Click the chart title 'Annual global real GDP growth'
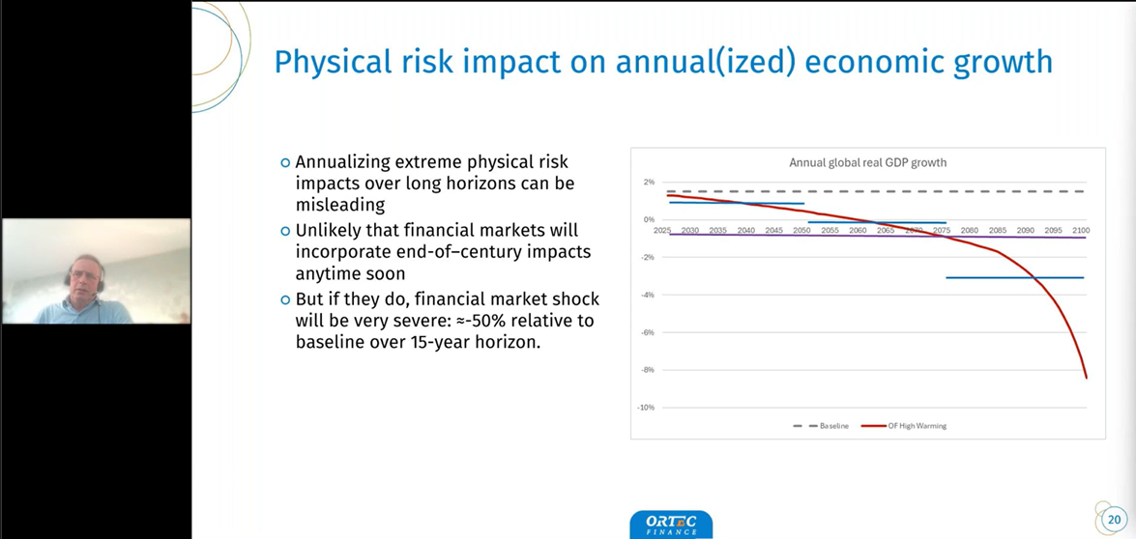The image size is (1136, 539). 867,162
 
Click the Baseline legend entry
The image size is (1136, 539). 821,426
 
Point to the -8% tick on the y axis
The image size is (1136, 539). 648,370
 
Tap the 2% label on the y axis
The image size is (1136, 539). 649,182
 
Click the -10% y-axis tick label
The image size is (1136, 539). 646,408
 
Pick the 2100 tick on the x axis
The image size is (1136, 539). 1081,231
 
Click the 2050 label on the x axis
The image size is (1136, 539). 802,231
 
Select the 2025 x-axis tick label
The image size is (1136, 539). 662,231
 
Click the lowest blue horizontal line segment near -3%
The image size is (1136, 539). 1014,277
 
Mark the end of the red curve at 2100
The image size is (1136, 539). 1087,377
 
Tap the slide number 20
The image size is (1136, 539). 1114,520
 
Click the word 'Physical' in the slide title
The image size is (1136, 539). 323,62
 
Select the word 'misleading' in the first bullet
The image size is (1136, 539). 339,205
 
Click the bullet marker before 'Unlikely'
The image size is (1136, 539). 285,231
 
